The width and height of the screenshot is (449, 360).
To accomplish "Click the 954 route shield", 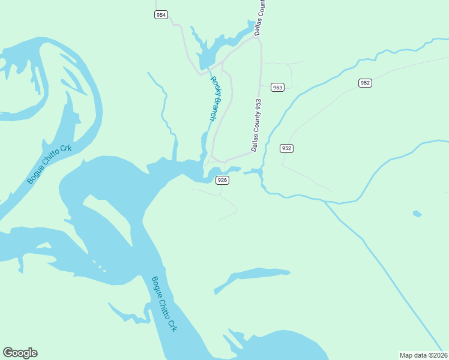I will pyautogui.click(x=160, y=15).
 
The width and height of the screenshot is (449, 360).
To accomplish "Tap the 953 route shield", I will pyautogui.click(x=277, y=87).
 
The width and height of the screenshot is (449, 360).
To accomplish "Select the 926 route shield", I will pyautogui.click(x=222, y=180).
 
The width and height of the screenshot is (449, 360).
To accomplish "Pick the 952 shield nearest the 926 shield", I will pyautogui.click(x=286, y=148).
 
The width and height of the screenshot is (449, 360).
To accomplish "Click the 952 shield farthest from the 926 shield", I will pyautogui.click(x=366, y=83).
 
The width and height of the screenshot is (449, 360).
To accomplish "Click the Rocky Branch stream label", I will pyautogui.click(x=213, y=98).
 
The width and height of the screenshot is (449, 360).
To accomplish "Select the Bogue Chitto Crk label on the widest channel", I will pyautogui.click(x=164, y=304).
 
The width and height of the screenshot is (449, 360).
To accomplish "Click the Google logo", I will pyautogui.click(x=20, y=353).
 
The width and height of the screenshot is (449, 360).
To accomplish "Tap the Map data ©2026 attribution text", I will pyautogui.click(x=423, y=355).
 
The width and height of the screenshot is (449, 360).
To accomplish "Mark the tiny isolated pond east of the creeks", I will pyautogui.click(x=417, y=214).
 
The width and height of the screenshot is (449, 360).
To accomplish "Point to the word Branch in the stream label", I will pyautogui.click(x=215, y=108).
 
